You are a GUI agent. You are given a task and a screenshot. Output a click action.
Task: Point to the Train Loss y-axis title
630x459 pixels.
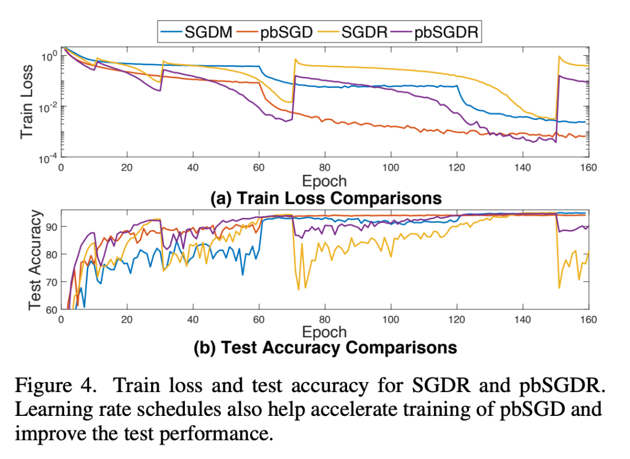(x=27, y=101)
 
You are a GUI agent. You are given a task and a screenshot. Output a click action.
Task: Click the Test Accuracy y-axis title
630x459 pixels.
(x=36, y=259)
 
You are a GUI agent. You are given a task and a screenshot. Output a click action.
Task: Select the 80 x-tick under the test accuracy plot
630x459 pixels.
(x=325, y=320)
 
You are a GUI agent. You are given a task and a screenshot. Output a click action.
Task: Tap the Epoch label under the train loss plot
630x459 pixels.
(x=324, y=181)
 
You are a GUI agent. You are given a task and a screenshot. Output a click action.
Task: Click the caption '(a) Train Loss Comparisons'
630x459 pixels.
(x=325, y=197)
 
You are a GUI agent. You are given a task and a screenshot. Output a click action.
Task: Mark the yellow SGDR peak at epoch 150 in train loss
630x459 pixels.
(x=559, y=57)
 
